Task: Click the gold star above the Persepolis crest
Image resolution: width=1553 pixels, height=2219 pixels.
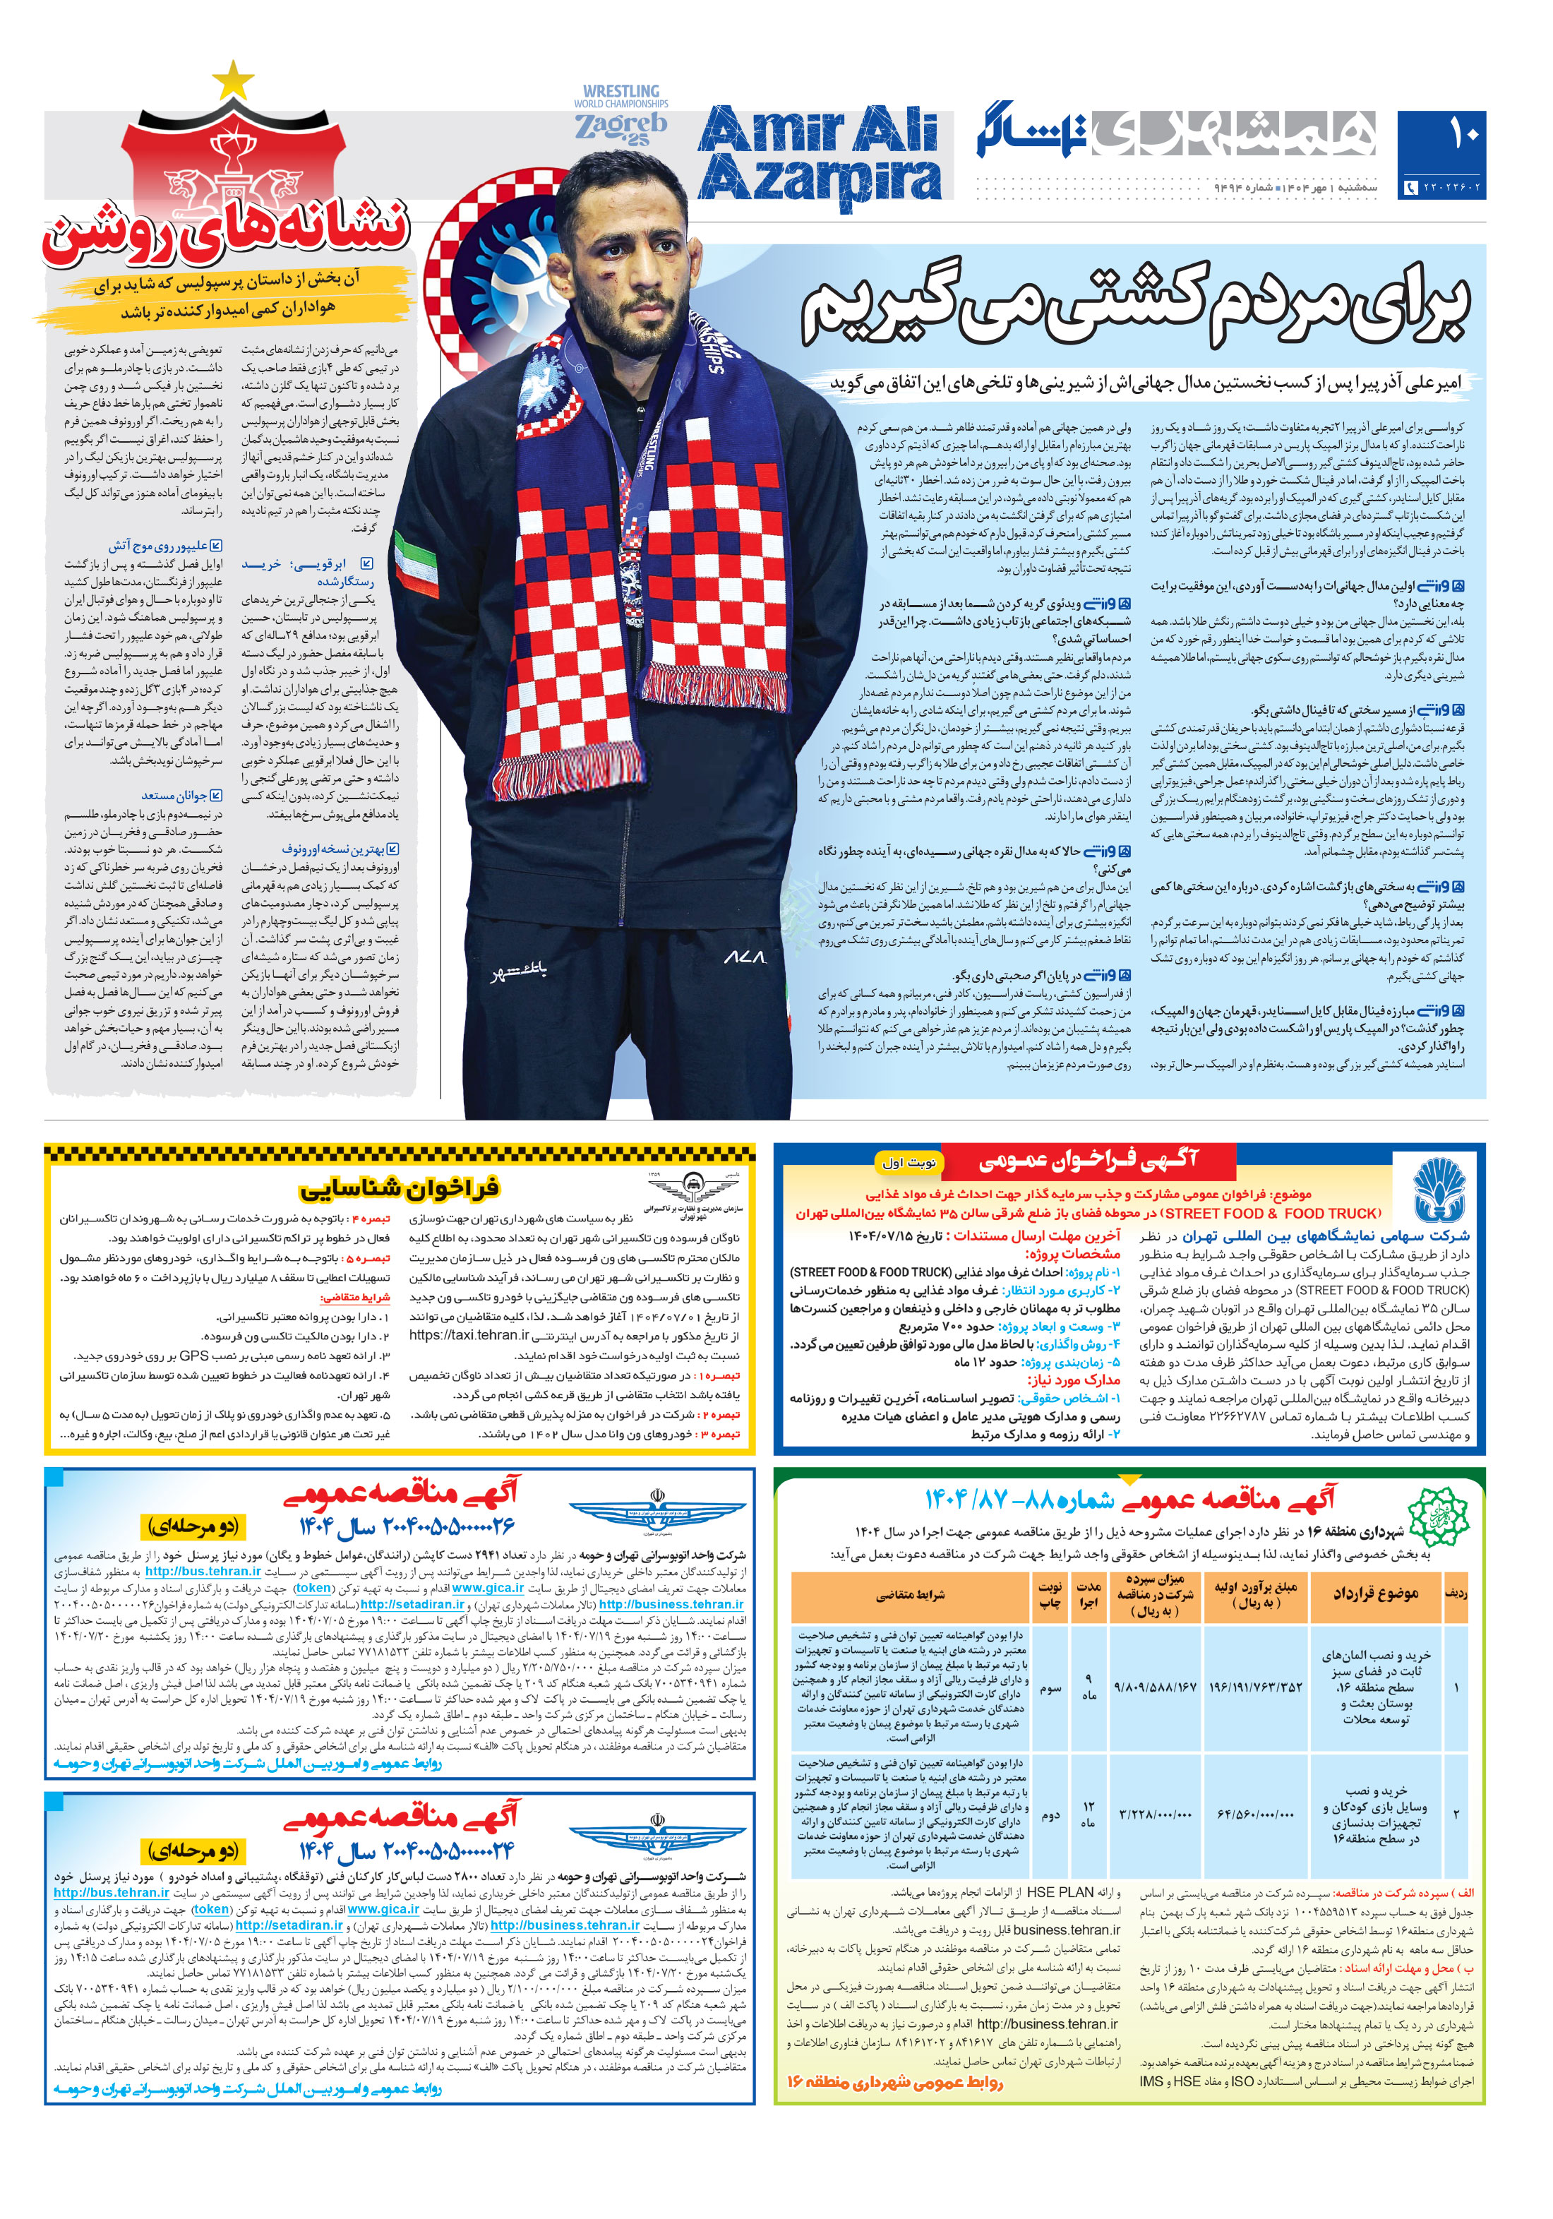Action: pos(232,79)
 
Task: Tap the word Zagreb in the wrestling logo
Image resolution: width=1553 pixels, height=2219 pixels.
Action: pos(620,126)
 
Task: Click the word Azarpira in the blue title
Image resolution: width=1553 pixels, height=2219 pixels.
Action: pos(819,181)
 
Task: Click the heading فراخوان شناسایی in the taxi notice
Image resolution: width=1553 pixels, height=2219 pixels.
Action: pos(398,1187)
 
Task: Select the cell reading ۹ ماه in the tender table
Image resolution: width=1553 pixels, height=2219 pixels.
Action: pos(1089,1687)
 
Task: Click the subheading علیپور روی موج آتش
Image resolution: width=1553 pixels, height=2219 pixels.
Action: pos(157,546)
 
